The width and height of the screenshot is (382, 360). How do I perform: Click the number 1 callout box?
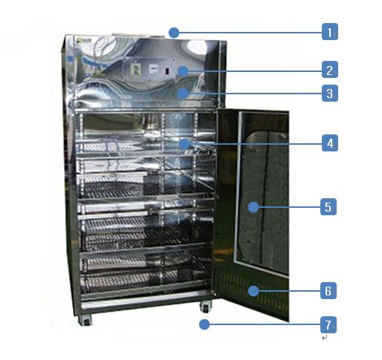click(330, 32)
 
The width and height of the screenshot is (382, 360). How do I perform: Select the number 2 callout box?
click(330, 70)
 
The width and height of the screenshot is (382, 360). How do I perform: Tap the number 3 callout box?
click(330, 93)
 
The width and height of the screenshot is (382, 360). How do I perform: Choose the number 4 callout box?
click(330, 143)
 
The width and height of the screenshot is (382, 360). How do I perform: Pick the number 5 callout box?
click(328, 206)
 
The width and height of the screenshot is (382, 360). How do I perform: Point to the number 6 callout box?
click(328, 290)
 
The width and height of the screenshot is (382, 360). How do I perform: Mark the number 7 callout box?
click(328, 324)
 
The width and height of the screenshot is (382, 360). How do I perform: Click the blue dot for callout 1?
click(174, 33)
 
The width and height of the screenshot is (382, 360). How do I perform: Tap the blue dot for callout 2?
click(183, 71)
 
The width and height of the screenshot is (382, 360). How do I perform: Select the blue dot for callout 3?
click(183, 94)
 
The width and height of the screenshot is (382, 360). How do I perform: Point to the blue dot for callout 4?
click(184, 144)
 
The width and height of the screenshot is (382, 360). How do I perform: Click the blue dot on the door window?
click(253, 207)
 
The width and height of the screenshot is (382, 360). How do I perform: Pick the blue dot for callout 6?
click(253, 291)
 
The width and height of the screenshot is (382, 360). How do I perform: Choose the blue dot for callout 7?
click(204, 324)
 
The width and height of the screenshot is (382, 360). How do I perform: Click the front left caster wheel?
click(85, 321)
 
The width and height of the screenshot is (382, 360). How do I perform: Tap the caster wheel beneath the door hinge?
click(206, 307)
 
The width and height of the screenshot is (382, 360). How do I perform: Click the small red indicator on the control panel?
click(167, 71)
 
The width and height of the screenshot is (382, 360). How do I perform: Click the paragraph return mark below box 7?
click(325, 338)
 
